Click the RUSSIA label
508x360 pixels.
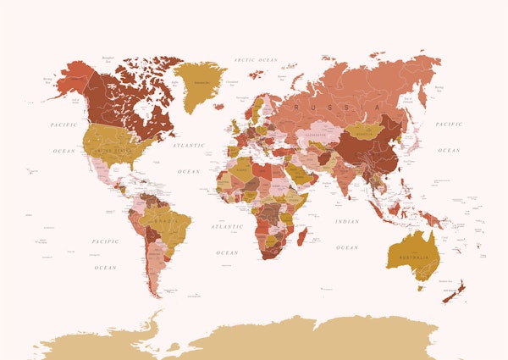[x=320, y=108]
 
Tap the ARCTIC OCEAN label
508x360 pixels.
[x=255, y=60]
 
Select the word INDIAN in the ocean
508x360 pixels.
[x=346, y=222]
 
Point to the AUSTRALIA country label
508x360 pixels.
[x=413, y=258]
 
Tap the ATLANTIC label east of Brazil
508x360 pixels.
[x=227, y=227]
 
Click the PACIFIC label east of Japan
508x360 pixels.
[x=449, y=125]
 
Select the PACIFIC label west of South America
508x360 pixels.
[x=105, y=241]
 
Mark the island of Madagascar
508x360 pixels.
[x=302, y=231]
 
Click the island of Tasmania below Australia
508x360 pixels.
[x=419, y=287]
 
